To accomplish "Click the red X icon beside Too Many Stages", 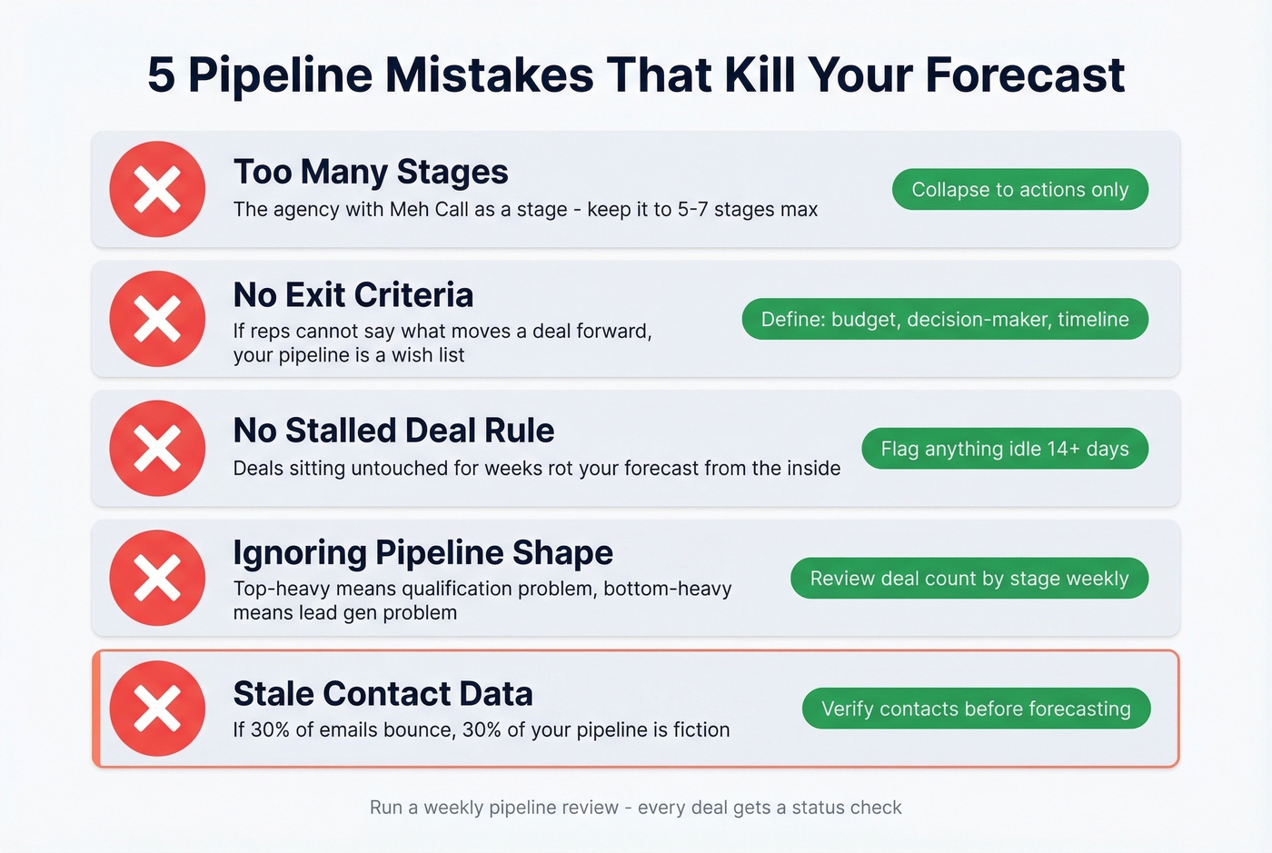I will pyautogui.click(x=157, y=189).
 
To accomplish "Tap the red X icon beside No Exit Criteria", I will pyautogui.click(x=157, y=319).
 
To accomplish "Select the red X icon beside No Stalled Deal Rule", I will pyautogui.click(x=157, y=449).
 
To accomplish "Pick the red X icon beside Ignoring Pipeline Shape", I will pyautogui.click(x=157, y=578).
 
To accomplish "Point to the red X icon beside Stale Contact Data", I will pyautogui.click(x=157, y=709).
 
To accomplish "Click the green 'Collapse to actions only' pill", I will pyautogui.click(x=1019, y=189).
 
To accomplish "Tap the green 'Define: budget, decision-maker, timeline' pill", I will pyautogui.click(x=945, y=319).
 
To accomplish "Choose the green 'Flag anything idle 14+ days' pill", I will pyautogui.click(x=1004, y=449).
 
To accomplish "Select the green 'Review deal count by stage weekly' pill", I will pyautogui.click(x=969, y=579).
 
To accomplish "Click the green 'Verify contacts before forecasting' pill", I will pyautogui.click(x=976, y=709).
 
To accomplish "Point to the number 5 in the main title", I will pyautogui.click(x=161, y=74).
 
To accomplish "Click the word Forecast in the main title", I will pyautogui.click(x=1025, y=74).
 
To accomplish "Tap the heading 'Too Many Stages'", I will pyautogui.click(x=371, y=172).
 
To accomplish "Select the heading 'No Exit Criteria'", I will pyautogui.click(x=353, y=295).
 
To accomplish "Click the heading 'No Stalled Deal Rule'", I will pyautogui.click(x=393, y=431).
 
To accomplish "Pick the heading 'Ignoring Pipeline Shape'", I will pyautogui.click(x=422, y=552).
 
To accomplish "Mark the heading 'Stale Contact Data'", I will pyautogui.click(x=383, y=694).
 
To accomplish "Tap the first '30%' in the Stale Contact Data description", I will pyautogui.click(x=270, y=729).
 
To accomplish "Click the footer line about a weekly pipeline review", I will pyautogui.click(x=636, y=808).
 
